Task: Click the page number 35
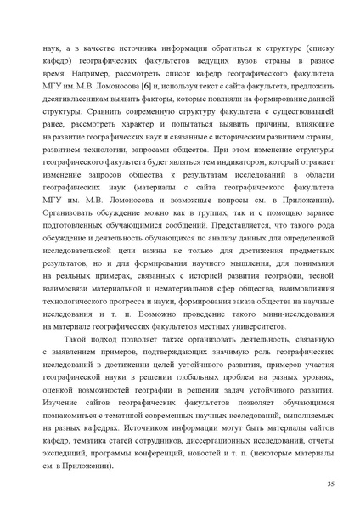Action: pos(330,484)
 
